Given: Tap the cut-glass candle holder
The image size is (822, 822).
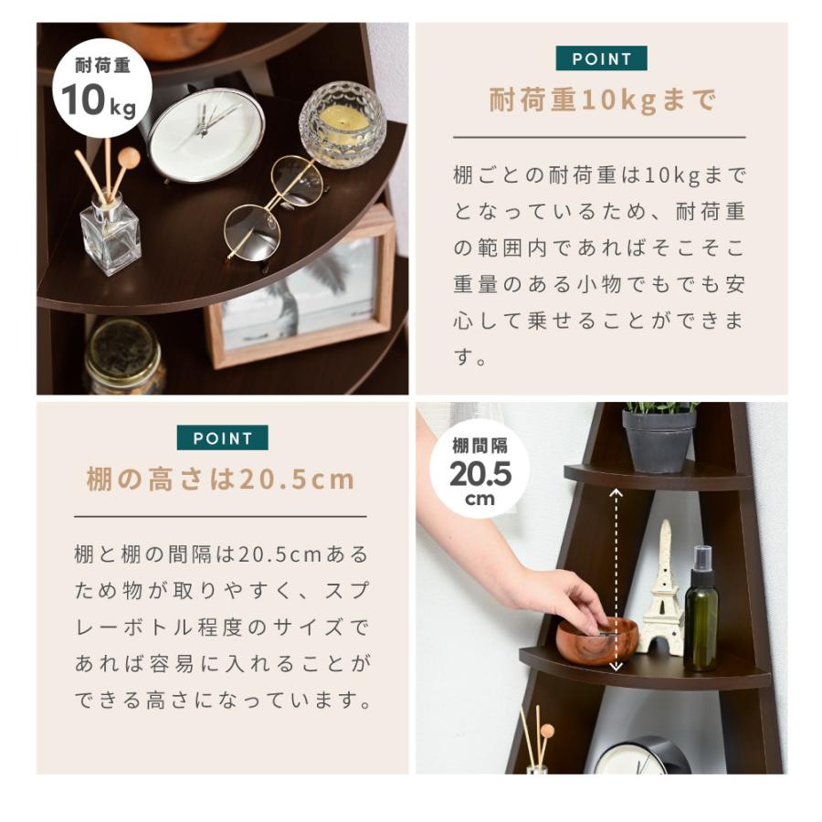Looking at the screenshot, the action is click(342, 124).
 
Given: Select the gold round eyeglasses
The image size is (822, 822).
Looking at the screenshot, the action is click(275, 207).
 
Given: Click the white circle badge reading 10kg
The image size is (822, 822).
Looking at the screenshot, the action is click(102, 88).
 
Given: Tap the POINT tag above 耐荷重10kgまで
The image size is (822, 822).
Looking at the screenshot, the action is click(601, 58).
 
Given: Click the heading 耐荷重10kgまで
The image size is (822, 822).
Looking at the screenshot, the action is click(602, 100).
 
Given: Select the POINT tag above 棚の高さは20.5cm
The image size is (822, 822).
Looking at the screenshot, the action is click(222, 437).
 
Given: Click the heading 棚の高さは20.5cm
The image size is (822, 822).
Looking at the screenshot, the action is click(220, 479).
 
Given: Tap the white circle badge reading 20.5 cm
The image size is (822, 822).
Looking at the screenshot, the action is click(479, 469).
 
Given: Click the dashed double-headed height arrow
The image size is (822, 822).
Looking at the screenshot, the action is click(616, 580).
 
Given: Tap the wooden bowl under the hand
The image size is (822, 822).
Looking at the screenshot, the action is click(597, 640).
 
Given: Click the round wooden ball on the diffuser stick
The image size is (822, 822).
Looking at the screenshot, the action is click(129, 157).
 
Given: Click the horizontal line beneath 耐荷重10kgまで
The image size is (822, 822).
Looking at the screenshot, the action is click(599, 137).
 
